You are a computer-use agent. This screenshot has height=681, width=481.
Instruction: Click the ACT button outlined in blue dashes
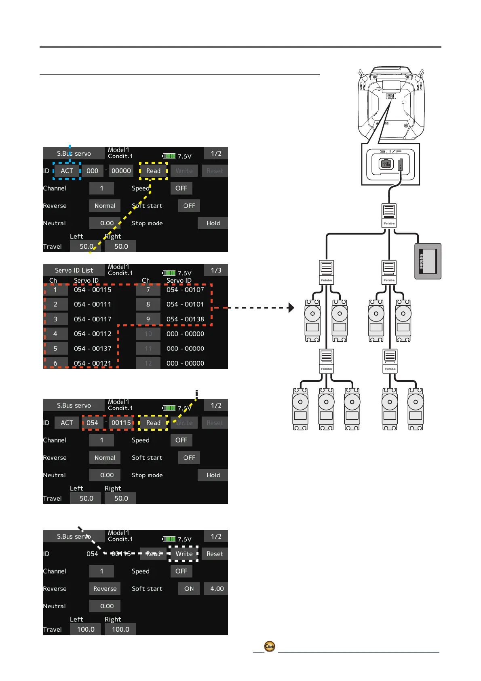click(67, 171)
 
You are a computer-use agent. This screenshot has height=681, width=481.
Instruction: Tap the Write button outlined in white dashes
click(184, 554)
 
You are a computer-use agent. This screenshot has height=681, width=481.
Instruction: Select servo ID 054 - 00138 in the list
click(185, 319)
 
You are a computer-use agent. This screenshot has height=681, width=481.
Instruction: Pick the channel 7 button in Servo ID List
click(148, 290)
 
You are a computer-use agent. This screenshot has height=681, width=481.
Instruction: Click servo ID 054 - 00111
click(93, 304)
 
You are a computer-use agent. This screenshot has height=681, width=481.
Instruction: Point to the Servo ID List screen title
click(74, 270)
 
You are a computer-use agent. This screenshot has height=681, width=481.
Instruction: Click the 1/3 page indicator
click(216, 270)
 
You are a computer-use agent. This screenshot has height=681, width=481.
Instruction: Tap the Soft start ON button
click(189, 588)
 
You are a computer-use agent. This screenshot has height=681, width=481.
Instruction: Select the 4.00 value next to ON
click(217, 588)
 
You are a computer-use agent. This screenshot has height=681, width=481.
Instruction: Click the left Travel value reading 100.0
click(86, 629)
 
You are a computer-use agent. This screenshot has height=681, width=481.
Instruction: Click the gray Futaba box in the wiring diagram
click(428, 261)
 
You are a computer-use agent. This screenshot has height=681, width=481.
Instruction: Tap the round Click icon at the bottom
click(270, 646)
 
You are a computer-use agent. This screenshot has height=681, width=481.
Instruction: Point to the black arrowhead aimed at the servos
click(291, 308)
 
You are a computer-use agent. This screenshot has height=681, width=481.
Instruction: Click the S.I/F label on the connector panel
click(390, 151)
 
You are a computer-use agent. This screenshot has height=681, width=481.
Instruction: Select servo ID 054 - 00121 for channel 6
click(93, 363)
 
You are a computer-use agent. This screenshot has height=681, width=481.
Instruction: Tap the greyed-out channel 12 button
click(148, 363)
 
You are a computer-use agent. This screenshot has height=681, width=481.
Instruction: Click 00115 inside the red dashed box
click(121, 423)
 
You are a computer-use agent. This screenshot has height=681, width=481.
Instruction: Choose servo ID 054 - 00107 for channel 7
click(185, 290)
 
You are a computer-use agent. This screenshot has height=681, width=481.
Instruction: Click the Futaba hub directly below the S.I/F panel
click(389, 216)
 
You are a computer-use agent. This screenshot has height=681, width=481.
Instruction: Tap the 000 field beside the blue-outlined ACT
click(92, 171)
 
